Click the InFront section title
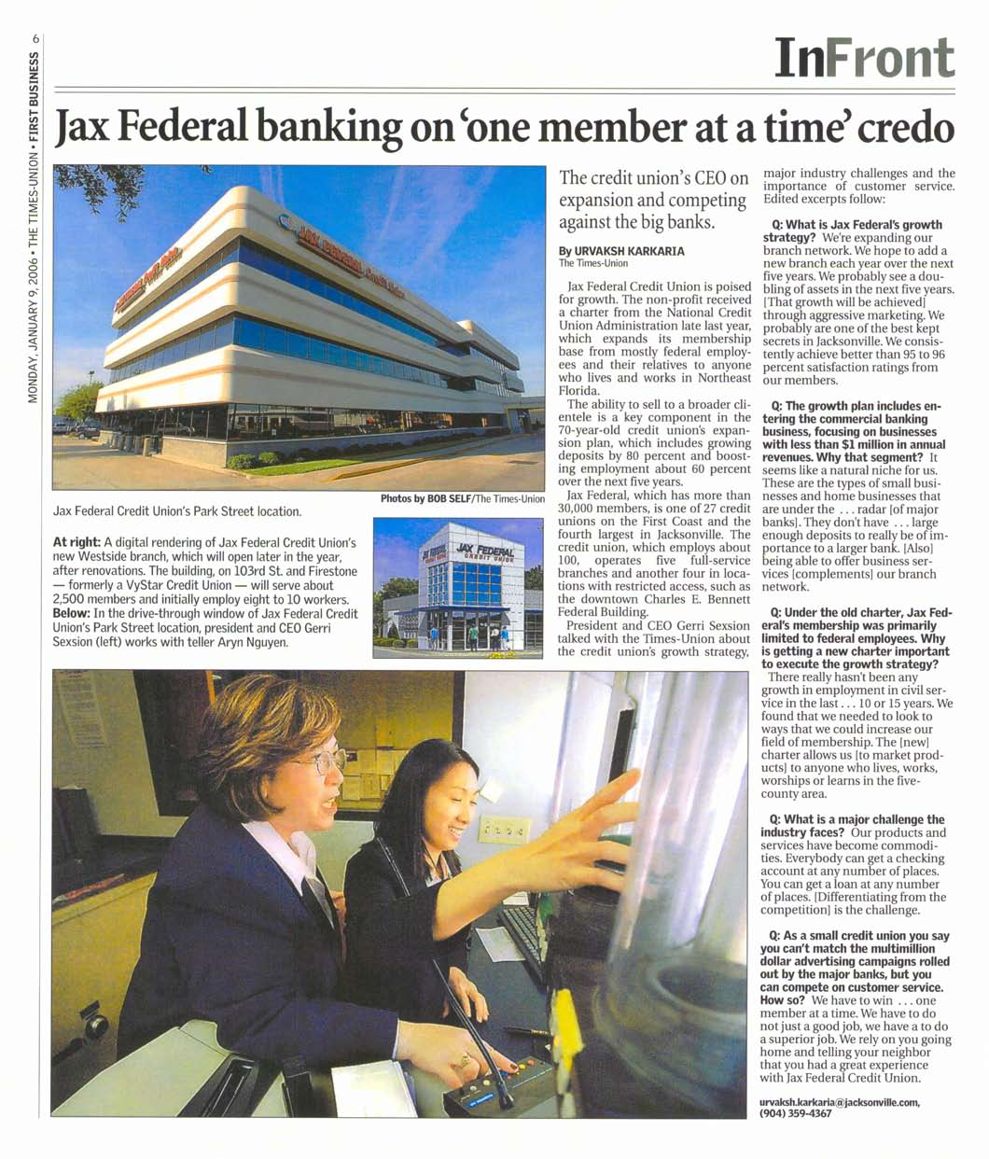pos(864,58)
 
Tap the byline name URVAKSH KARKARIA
pos(621,251)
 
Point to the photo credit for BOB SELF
pos(462,499)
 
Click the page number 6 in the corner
pos(35,38)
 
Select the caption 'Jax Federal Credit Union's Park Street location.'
pos(177,511)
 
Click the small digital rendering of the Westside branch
pos(457,588)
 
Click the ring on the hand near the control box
pos(464,1060)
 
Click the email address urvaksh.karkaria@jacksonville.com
pos(840,1102)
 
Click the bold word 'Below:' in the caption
pos(71,614)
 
